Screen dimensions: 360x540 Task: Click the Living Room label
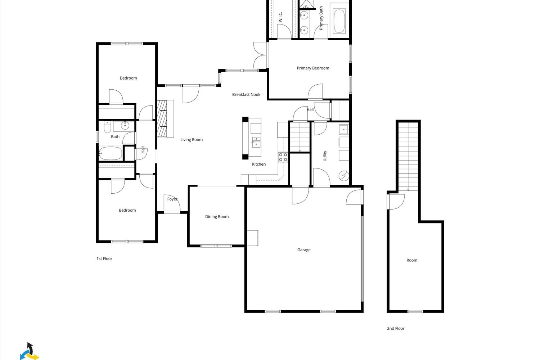pos(192,140)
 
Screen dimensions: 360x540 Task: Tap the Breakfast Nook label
pos(246,95)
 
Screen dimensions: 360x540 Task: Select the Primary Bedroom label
pos(313,68)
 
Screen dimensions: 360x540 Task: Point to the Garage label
pos(304,250)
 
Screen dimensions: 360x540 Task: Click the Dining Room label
pos(217,217)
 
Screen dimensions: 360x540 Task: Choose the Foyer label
pos(172,199)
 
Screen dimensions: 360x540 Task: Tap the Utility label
pos(325,156)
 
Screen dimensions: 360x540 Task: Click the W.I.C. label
pos(280,17)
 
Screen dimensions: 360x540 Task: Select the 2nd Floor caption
pos(396,328)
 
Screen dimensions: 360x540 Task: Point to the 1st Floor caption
pos(104,258)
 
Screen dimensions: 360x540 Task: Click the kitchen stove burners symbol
pos(283,157)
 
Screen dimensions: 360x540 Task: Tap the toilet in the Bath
pos(107,127)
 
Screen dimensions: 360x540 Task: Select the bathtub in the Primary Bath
pos(339,21)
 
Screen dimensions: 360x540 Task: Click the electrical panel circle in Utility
pos(344,176)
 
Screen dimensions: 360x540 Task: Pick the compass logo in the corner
pos(29,352)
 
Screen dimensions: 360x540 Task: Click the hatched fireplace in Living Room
pos(162,118)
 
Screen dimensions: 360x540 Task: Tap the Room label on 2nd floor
pos(412,260)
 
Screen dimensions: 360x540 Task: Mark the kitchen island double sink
pos(256,142)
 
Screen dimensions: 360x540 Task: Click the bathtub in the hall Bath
pos(111,153)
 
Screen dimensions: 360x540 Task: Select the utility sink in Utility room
pos(344,129)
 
